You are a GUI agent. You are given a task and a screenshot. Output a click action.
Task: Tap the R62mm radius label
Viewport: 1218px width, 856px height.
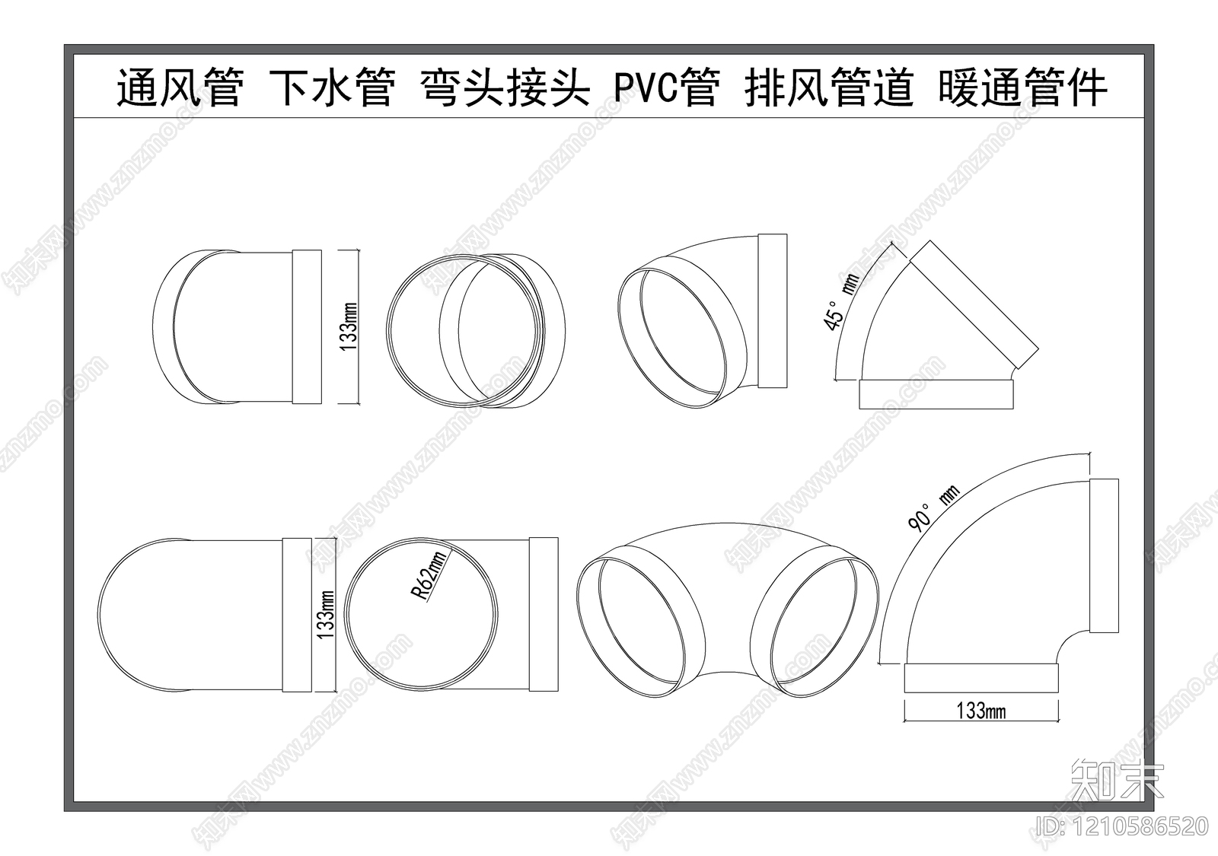[x=432, y=576]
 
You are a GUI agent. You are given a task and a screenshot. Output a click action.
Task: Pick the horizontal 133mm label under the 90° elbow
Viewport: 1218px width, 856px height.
[x=980, y=711]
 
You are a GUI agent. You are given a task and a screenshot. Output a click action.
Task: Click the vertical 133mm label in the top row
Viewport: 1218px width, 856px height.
[x=349, y=326]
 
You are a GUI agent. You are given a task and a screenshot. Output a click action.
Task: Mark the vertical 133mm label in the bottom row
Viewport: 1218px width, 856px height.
[x=326, y=615]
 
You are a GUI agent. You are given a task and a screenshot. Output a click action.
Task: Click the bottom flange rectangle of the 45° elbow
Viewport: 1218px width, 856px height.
[x=936, y=394]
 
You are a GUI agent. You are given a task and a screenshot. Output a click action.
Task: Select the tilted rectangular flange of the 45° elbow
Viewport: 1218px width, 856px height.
[x=974, y=304]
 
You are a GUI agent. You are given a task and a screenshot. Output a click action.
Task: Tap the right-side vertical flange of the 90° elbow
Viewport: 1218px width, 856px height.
[x=1104, y=555]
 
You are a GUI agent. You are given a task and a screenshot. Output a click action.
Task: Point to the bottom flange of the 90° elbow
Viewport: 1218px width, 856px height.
[x=980, y=677]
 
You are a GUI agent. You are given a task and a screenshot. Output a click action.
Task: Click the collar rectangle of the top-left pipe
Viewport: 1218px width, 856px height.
[x=307, y=326]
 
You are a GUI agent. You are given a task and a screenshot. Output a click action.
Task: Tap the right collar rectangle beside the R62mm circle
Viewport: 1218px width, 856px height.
[x=544, y=615]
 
